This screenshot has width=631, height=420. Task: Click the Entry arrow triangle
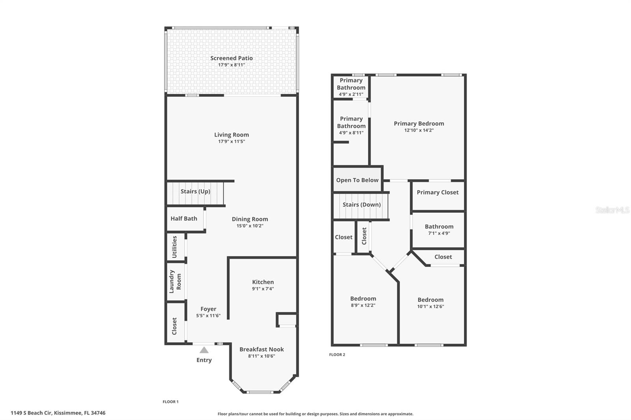[x=204, y=350]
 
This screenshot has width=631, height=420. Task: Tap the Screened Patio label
[x=231, y=58]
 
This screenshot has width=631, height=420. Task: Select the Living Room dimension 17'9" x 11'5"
[x=231, y=141]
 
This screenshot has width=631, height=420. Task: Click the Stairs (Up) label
[x=195, y=191]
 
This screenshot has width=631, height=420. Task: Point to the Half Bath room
[x=184, y=219]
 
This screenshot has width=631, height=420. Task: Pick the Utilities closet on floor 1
[x=175, y=247]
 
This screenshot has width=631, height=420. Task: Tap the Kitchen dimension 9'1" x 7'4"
[x=263, y=289]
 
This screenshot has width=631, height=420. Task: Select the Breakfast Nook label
[x=261, y=349]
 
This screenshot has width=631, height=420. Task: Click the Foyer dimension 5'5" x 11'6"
[x=208, y=316]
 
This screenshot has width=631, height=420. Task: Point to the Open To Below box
[x=357, y=180]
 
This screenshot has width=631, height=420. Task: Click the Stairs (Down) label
[x=361, y=204]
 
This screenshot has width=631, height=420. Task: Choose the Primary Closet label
[x=437, y=192]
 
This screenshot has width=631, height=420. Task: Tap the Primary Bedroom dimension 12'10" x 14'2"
[x=419, y=130]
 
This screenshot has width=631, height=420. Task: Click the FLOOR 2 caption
[x=337, y=355]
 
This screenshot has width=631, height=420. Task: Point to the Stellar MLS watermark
[x=612, y=210]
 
